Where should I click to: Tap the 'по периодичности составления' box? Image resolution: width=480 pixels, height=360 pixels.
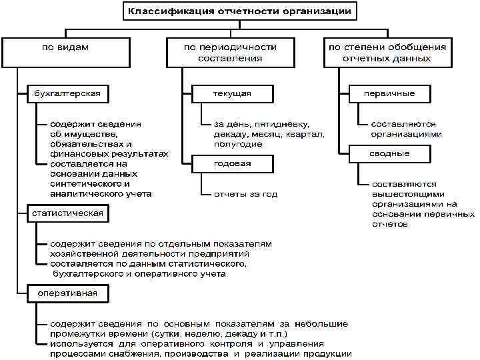(x=230, y=52)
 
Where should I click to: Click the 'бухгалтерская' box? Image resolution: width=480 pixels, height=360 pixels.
(x=67, y=93)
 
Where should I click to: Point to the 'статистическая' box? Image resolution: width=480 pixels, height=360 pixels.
(x=67, y=213)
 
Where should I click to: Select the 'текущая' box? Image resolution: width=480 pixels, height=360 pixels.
(x=232, y=93)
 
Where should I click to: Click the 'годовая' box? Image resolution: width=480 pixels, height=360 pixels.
(x=232, y=163)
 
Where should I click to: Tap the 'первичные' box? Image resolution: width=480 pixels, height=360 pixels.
(x=389, y=93)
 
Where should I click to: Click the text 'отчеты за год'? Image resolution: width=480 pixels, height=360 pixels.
(x=245, y=194)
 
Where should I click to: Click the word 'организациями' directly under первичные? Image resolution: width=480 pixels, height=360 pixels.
(x=406, y=134)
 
